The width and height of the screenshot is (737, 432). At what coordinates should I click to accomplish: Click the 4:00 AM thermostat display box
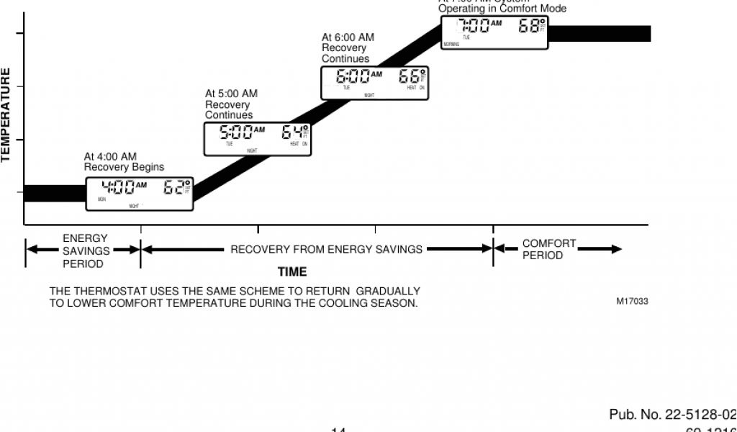coord(140,194)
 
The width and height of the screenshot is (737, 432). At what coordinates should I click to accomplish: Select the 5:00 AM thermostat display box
coord(258,139)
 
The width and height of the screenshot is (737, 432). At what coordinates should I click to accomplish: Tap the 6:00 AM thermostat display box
coord(374,83)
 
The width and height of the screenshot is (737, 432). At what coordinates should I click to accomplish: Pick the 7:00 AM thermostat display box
coord(494,32)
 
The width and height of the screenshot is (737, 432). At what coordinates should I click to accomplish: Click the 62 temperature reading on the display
coord(173,188)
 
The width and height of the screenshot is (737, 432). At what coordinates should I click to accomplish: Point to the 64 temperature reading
coord(292,132)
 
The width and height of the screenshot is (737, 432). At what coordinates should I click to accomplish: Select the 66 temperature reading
coord(410,76)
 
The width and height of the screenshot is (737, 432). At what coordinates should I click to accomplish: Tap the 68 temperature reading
coord(529,26)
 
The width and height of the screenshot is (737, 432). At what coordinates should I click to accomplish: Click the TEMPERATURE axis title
coord(6,115)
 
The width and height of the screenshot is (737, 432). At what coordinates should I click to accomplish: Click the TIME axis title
coord(292,272)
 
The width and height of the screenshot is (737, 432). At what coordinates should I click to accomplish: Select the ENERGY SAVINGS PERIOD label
coord(85,251)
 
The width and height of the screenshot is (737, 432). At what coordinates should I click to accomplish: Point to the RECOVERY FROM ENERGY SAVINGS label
coord(326,250)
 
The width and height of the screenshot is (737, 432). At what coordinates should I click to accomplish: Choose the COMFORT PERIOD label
coord(548,250)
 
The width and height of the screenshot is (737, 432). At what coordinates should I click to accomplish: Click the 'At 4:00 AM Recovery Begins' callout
coord(124,162)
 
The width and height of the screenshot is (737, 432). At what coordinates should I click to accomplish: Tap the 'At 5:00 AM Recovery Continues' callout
coord(231,104)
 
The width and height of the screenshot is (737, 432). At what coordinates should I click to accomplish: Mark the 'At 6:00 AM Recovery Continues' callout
coord(348,48)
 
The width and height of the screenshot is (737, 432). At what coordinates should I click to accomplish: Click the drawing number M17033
coord(632,302)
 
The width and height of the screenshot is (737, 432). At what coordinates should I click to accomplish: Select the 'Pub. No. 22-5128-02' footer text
coord(672,415)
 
